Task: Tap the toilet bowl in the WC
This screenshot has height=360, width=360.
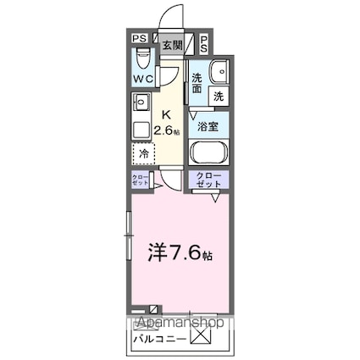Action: coord(143,60)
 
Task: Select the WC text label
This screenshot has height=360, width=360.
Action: coord(141,80)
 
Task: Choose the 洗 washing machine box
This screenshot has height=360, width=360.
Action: coord(219,97)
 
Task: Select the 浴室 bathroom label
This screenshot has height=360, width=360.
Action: coord(208,126)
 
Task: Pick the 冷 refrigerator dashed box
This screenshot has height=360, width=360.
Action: coord(143,154)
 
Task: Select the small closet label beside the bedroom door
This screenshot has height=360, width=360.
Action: coord(139,180)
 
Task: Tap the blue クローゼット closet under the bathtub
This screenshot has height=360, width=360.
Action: coord(208,180)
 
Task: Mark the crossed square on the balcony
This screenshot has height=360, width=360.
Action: coord(200,336)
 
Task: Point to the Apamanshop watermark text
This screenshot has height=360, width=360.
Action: coord(176,323)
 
